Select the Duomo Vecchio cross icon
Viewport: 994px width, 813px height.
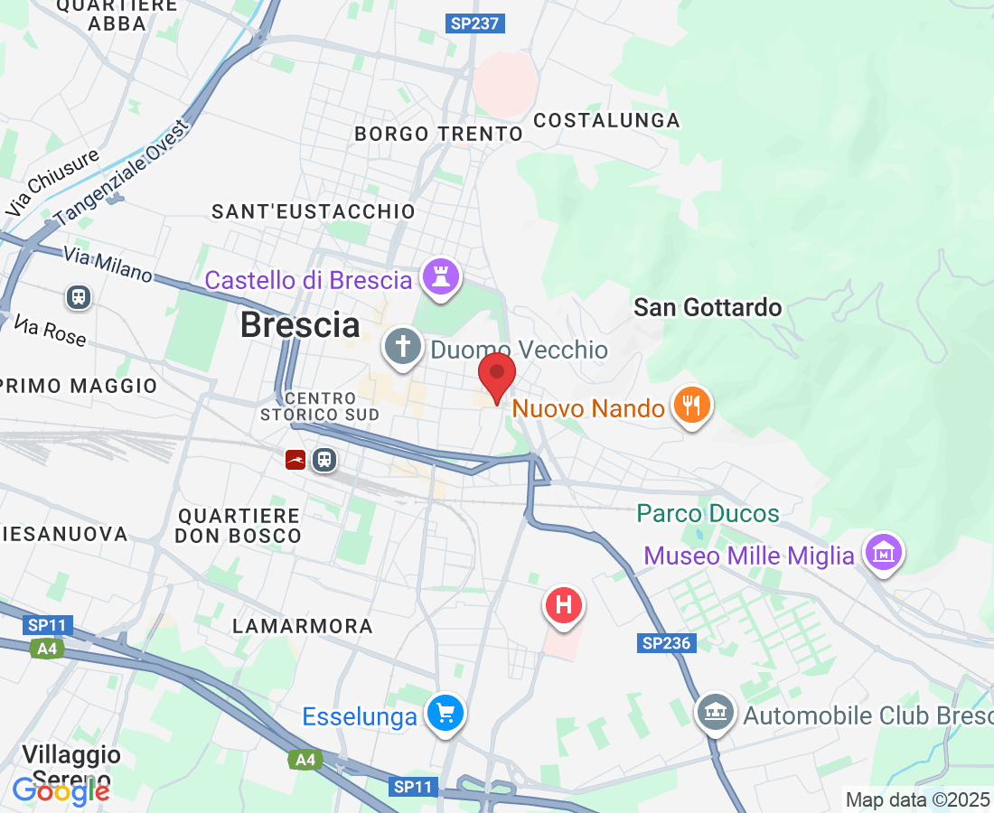point(402,347)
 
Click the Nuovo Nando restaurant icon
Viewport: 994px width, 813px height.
point(692,405)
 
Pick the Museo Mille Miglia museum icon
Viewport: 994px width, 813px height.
point(883,551)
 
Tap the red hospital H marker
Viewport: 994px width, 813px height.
point(564,603)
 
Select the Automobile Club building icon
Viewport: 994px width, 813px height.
point(715,714)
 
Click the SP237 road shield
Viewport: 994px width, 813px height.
point(474,23)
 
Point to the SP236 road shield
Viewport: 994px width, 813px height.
point(667,643)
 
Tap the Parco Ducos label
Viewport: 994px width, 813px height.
point(708,514)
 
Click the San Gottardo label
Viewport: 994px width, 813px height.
point(708,307)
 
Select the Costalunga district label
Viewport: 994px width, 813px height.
point(606,120)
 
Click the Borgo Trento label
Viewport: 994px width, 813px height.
point(438,134)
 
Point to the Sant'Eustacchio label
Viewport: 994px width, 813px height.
point(313,211)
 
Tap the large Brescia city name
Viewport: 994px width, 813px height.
point(300,325)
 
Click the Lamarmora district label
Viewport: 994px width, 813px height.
point(303,626)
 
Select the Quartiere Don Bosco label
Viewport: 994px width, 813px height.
point(239,526)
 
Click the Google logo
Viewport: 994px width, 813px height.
point(61,791)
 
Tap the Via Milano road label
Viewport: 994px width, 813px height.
point(108,264)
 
